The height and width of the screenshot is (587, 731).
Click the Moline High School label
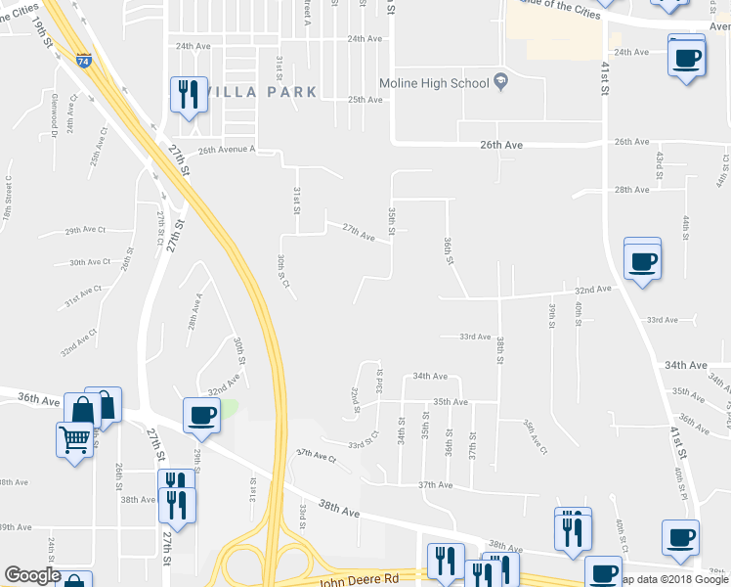(433, 83)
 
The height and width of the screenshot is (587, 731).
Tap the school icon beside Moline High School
(501, 80)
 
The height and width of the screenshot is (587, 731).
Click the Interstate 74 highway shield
(84, 60)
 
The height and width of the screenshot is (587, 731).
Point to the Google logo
(31, 576)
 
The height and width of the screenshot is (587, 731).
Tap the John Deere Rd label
(359, 580)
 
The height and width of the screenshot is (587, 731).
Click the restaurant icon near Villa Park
(189, 95)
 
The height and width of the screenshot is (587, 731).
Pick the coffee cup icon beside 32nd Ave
(642, 261)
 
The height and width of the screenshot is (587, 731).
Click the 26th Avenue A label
(226, 150)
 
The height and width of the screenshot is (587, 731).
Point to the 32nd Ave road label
(592, 290)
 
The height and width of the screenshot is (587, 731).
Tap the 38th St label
(499, 350)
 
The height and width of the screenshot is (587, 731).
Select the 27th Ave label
(359, 234)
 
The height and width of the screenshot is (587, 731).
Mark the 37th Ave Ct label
(316, 456)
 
